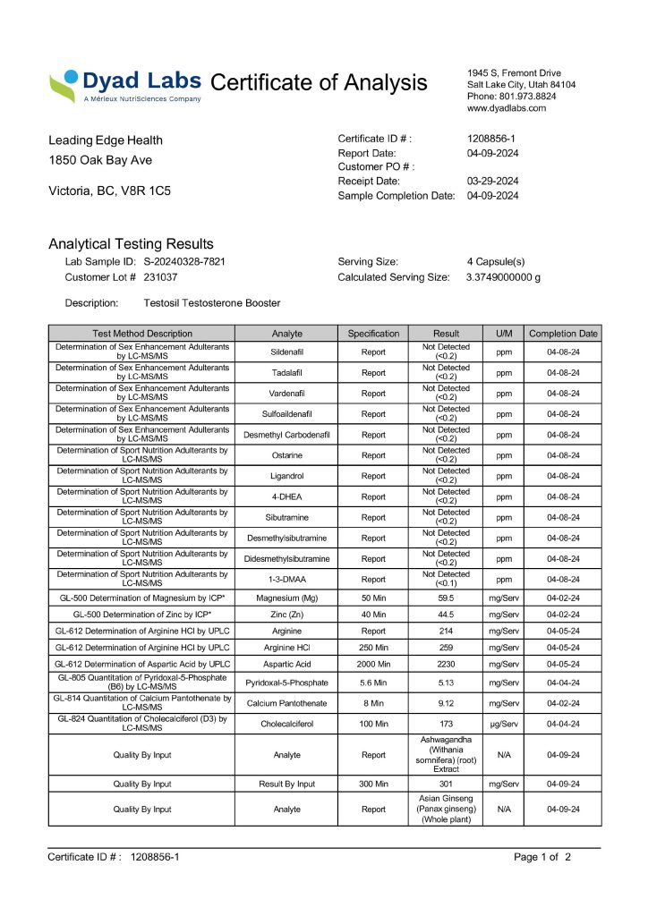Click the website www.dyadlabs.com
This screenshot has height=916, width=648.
point(506,107)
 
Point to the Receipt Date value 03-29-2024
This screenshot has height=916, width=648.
point(493,181)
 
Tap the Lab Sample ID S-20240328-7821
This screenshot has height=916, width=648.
point(183,262)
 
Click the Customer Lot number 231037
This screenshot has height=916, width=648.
point(160,277)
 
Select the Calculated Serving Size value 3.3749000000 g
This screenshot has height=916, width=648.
point(503,277)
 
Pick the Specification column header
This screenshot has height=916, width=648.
point(373,334)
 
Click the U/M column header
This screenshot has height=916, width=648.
point(504,334)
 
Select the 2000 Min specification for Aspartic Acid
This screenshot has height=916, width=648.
point(373,665)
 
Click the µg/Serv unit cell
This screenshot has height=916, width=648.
point(504,724)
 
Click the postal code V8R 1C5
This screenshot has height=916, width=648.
point(142,191)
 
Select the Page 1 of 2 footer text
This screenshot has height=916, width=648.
point(541,857)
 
